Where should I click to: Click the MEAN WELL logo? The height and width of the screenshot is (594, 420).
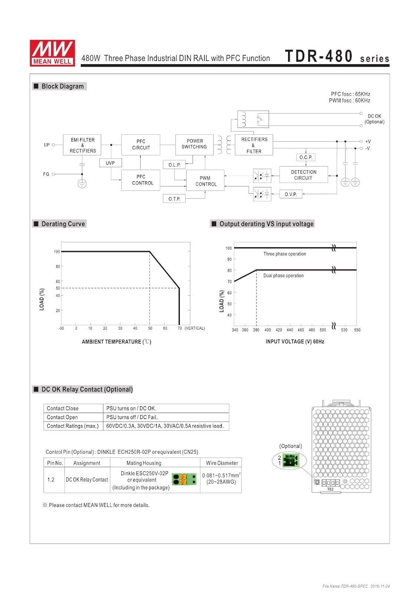click(x=52, y=53)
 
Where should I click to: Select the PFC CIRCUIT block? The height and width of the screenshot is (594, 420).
click(x=141, y=145)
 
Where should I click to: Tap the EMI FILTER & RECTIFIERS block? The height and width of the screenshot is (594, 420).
click(x=82, y=145)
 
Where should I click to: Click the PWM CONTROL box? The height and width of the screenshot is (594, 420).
click(x=206, y=181)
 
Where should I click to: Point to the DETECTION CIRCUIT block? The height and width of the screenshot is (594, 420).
click(x=304, y=175)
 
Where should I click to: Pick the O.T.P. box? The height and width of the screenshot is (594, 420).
click(x=174, y=199)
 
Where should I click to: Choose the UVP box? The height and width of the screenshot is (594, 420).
click(x=110, y=163)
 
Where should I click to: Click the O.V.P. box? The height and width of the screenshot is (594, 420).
click(x=291, y=194)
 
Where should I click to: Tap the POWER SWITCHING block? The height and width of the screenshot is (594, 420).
click(x=194, y=144)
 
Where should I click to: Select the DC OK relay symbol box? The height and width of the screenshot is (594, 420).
click(x=253, y=119)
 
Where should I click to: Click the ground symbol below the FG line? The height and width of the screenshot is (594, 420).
click(x=82, y=184)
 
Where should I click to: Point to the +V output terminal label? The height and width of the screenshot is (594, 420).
click(x=368, y=141)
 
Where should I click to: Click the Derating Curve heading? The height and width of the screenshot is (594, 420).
click(x=63, y=224)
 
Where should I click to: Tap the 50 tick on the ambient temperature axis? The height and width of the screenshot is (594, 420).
click(x=150, y=328)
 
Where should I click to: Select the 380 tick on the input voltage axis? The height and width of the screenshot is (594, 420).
click(x=256, y=330)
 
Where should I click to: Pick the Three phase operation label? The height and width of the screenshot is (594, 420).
click(x=284, y=254)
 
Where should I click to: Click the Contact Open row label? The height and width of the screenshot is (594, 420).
click(x=62, y=417)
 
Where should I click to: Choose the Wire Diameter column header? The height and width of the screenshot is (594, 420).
click(x=222, y=463)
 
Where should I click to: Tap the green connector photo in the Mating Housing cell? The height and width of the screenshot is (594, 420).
click(x=184, y=480)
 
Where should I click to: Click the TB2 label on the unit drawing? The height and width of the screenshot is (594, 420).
click(x=330, y=489)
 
